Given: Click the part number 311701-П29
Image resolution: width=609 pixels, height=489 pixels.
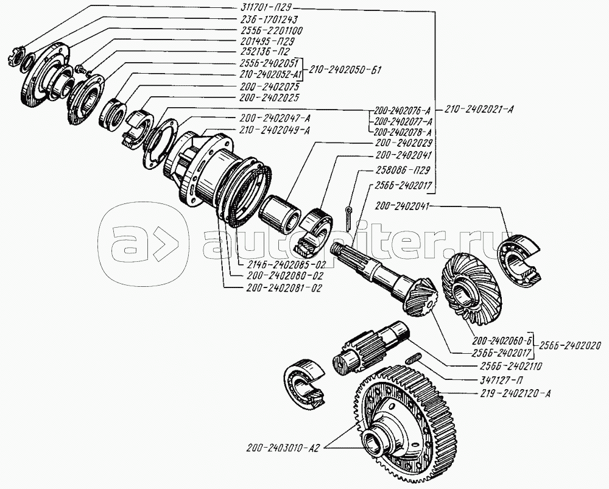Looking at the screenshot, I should click(266, 9).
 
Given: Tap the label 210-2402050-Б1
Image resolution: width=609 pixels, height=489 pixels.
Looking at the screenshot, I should click(346, 69).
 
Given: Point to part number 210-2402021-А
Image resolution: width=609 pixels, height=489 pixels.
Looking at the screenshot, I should click(481, 110).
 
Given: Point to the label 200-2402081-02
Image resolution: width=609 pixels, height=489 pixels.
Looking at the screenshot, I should click(283, 286).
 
